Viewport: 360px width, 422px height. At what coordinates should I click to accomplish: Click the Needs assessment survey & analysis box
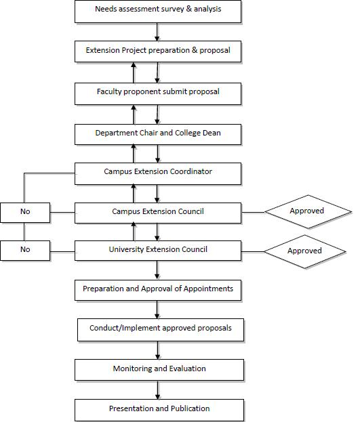tap(158, 12)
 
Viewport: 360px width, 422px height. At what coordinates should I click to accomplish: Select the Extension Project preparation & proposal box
tap(158, 51)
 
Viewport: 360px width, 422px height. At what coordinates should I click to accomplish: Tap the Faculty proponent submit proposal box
tap(158, 93)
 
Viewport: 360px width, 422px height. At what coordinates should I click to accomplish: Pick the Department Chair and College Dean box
tap(158, 134)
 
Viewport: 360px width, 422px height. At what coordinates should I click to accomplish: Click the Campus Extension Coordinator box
tap(158, 173)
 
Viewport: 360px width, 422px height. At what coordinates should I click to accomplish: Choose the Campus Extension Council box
tap(158, 213)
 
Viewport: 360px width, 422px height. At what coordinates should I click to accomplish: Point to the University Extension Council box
tap(158, 251)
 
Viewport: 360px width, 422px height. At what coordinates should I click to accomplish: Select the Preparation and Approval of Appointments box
tap(158, 290)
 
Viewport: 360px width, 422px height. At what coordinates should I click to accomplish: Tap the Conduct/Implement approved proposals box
tap(161, 330)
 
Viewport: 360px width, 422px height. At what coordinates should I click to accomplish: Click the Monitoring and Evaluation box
tap(159, 370)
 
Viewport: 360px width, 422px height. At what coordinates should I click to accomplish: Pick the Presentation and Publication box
tap(159, 410)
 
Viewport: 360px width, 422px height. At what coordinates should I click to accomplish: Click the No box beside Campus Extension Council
tap(25, 213)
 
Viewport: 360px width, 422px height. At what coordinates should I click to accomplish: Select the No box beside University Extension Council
tap(25, 251)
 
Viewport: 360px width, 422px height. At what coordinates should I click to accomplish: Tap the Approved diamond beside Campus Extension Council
tap(308, 212)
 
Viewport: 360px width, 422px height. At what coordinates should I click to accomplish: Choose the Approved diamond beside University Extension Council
tap(305, 251)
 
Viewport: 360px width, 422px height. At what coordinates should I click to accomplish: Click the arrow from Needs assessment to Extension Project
tap(157, 32)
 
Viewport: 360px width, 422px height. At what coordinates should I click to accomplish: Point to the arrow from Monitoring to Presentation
tap(158, 389)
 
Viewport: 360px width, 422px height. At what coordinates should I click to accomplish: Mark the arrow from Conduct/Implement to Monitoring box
tap(158, 350)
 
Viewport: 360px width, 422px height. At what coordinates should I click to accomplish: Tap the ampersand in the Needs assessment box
tap(189, 9)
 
